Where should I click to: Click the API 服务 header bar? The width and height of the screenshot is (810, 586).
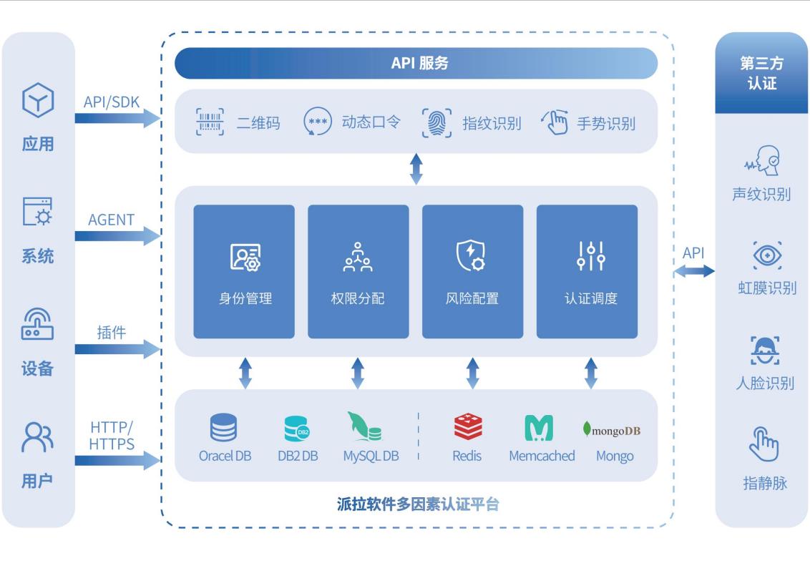tap(416, 63)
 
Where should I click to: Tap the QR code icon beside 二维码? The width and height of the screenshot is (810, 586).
tap(210, 122)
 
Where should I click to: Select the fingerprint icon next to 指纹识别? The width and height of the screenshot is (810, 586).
tap(436, 122)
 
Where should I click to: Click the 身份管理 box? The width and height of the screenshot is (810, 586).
tap(244, 272)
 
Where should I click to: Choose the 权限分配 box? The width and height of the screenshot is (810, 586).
tap(358, 272)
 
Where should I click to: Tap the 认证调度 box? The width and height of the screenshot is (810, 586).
tap(587, 272)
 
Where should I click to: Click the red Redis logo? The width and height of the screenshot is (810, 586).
tap(468, 427)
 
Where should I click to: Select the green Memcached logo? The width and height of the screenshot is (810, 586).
tap(539, 428)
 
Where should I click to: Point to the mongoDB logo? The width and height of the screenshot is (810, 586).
tap(612, 430)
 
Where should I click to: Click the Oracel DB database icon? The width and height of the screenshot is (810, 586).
tap(223, 428)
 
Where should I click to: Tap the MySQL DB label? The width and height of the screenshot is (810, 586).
tap(371, 456)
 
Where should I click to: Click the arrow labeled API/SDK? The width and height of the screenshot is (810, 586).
tap(118, 117)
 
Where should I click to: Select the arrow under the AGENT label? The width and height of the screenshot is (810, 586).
tap(118, 235)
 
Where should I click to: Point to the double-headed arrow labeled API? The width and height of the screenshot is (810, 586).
tap(694, 270)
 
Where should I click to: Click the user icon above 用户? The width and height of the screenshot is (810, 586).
tap(36, 436)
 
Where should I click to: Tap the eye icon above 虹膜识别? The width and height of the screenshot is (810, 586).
tap(767, 255)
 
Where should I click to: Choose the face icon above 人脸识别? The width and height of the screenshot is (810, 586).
tap(765, 351)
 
